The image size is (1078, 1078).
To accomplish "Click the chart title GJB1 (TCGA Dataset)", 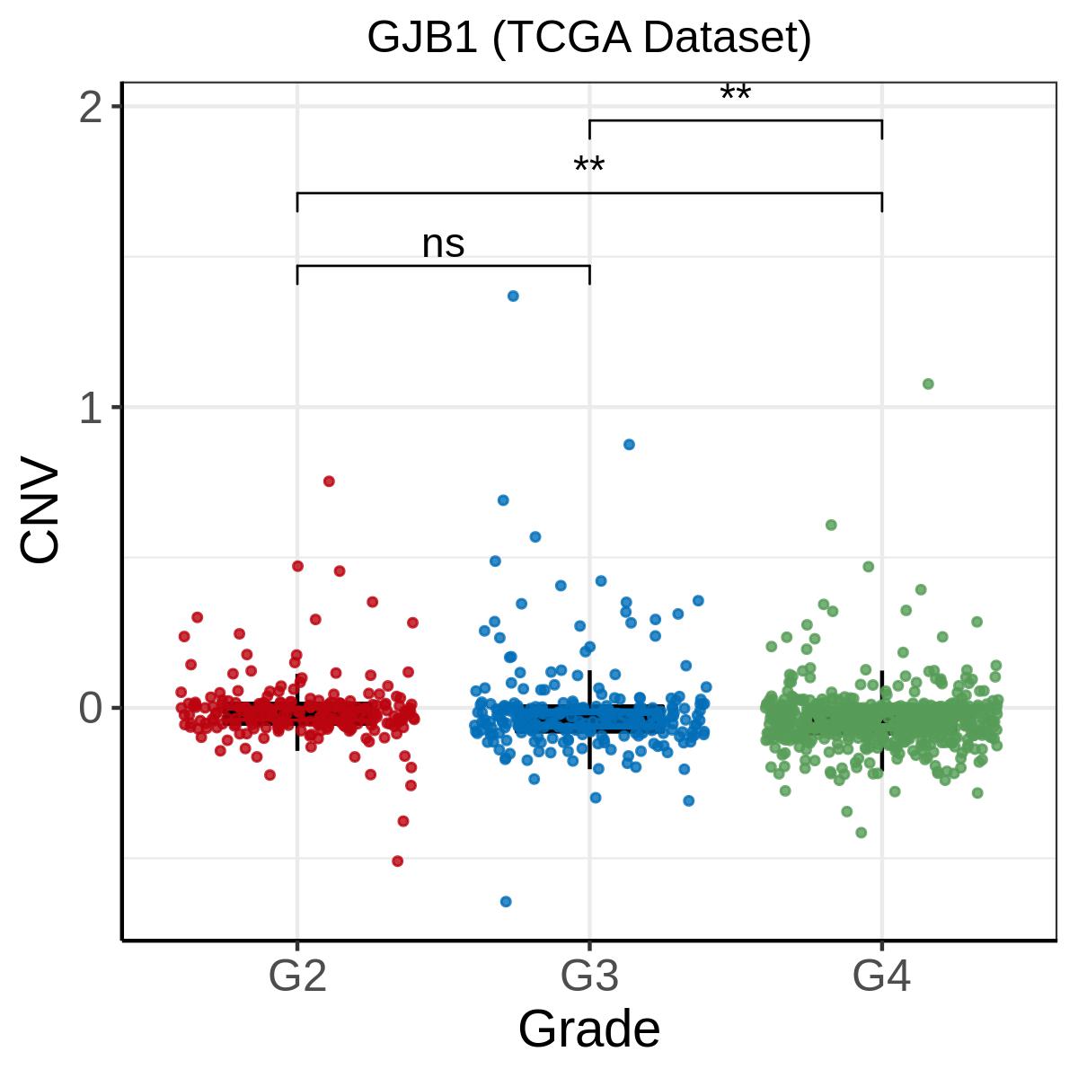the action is (x=588, y=38).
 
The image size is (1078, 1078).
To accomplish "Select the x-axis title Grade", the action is (x=588, y=1029).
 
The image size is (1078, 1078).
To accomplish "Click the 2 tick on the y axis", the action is (x=91, y=108).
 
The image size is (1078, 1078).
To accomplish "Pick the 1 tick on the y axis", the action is (x=91, y=409).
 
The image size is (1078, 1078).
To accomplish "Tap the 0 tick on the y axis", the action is (x=91, y=710).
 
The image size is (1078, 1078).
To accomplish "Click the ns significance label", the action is (x=443, y=244).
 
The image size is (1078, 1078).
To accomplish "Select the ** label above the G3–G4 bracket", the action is (x=735, y=93).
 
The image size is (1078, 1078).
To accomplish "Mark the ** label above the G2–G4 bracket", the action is (x=589, y=165).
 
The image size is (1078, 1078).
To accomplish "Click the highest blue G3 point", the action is (x=513, y=296).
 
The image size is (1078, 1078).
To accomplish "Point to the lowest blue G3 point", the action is (x=506, y=901).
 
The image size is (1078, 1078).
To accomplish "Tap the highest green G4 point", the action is (x=928, y=384).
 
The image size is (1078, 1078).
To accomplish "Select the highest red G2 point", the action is (x=329, y=482).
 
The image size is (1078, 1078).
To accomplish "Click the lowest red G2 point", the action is (x=397, y=861).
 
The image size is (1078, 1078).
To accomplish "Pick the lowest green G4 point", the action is (x=861, y=833).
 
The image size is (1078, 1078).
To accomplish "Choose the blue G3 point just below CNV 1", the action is (x=629, y=445).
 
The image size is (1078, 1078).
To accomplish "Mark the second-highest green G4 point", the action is (x=831, y=525).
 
